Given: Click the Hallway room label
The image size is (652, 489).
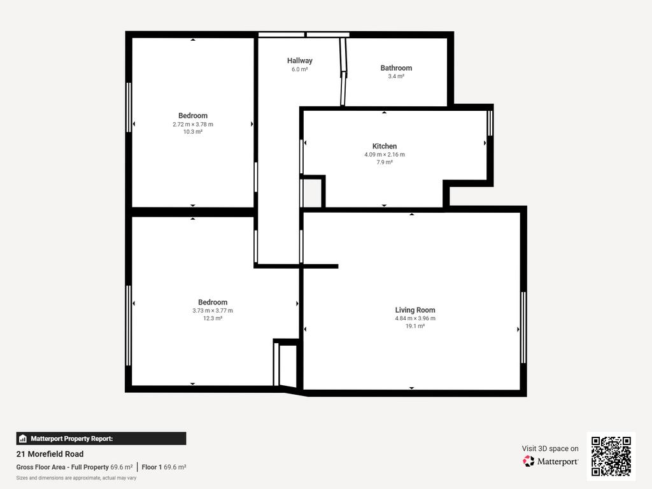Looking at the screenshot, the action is [299, 60].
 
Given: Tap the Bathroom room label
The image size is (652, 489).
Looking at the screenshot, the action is [396, 68].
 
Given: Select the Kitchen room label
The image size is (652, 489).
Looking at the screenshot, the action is [384, 146].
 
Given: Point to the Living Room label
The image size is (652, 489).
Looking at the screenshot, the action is [415, 310].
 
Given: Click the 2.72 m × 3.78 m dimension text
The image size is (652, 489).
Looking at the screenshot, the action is [193, 124].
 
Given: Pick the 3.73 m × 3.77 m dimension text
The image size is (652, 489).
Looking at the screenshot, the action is [213, 311].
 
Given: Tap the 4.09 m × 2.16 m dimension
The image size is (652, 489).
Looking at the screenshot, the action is [384, 155].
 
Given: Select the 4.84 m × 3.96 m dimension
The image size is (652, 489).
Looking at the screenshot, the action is [415, 318].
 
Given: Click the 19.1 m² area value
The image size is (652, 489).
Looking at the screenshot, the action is [415, 327].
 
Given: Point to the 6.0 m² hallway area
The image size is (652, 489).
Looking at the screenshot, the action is [299, 69].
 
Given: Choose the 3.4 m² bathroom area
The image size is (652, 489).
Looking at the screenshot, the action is [396, 76].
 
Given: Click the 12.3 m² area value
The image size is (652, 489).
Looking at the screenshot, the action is [213, 318].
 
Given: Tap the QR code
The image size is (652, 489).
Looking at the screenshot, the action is [611, 456].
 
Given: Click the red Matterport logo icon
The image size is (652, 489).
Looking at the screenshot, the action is [528, 461].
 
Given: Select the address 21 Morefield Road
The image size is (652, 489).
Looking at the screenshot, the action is [50, 454].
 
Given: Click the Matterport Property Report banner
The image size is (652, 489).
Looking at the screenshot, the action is [101, 439].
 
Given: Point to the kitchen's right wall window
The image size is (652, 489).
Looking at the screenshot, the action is [490, 123].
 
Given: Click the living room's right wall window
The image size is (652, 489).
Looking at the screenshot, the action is [523, 328].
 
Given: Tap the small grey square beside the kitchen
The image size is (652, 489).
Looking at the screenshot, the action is [312, 193].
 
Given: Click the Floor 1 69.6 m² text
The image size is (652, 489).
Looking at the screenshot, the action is [164, 467].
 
